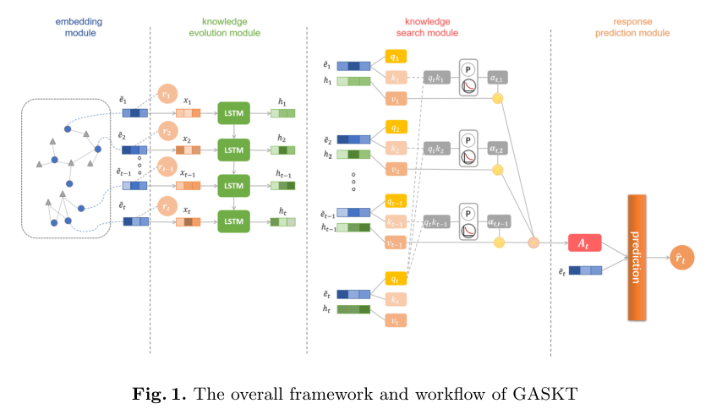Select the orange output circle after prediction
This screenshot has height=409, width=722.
point(679,259)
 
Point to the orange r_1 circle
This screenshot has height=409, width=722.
point(168,95)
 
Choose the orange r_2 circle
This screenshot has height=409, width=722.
point(168,133)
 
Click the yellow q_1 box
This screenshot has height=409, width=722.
point(396,57)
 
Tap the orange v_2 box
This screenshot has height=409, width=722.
point(396,169)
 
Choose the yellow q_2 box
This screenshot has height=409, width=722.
point(396,128)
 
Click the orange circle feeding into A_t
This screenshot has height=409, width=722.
point(533,243)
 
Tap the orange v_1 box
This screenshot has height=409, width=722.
point(396,99)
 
